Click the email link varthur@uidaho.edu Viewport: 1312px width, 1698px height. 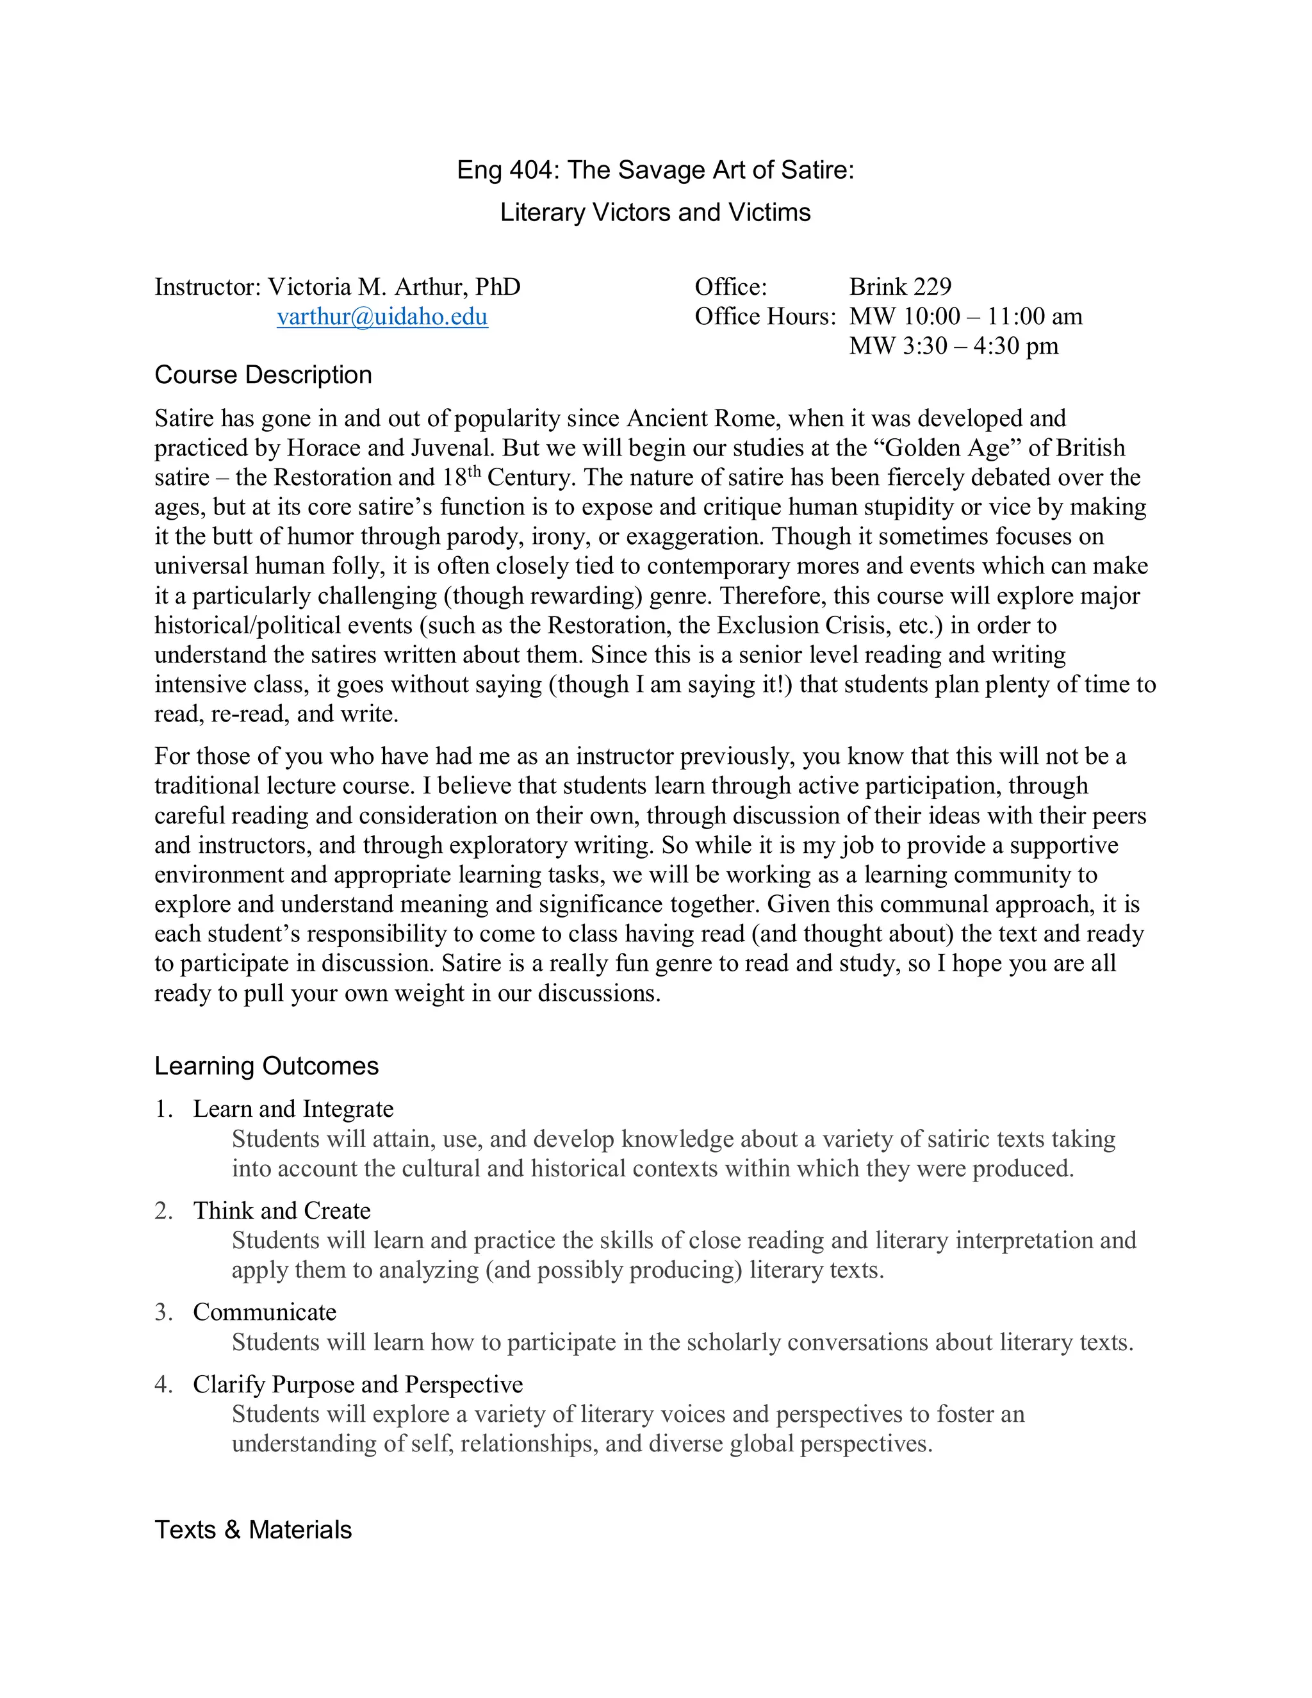[x=382, y=317]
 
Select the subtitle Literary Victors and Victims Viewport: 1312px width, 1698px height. [x=655, y=212]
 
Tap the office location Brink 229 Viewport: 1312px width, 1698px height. [x=900, y=287]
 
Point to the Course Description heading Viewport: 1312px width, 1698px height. [x=263, y=375]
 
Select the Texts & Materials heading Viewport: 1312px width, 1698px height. [x=254, y=1529]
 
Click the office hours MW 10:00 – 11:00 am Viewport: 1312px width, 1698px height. [x=965, y=317]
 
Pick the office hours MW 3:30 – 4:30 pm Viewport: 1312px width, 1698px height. [x=954, y=346]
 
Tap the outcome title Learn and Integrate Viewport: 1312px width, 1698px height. [x=293, y=1109]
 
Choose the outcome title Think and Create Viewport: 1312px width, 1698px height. [x=281, y=1210]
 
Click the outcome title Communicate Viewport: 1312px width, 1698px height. [x=265, y=1312]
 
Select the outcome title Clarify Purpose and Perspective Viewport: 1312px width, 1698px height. [x=357, y=1384]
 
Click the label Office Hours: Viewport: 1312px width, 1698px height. [x=765, y=317]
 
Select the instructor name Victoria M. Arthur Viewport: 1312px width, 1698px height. [x=368, y=287]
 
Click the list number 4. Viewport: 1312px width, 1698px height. [x=163, y=1384]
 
